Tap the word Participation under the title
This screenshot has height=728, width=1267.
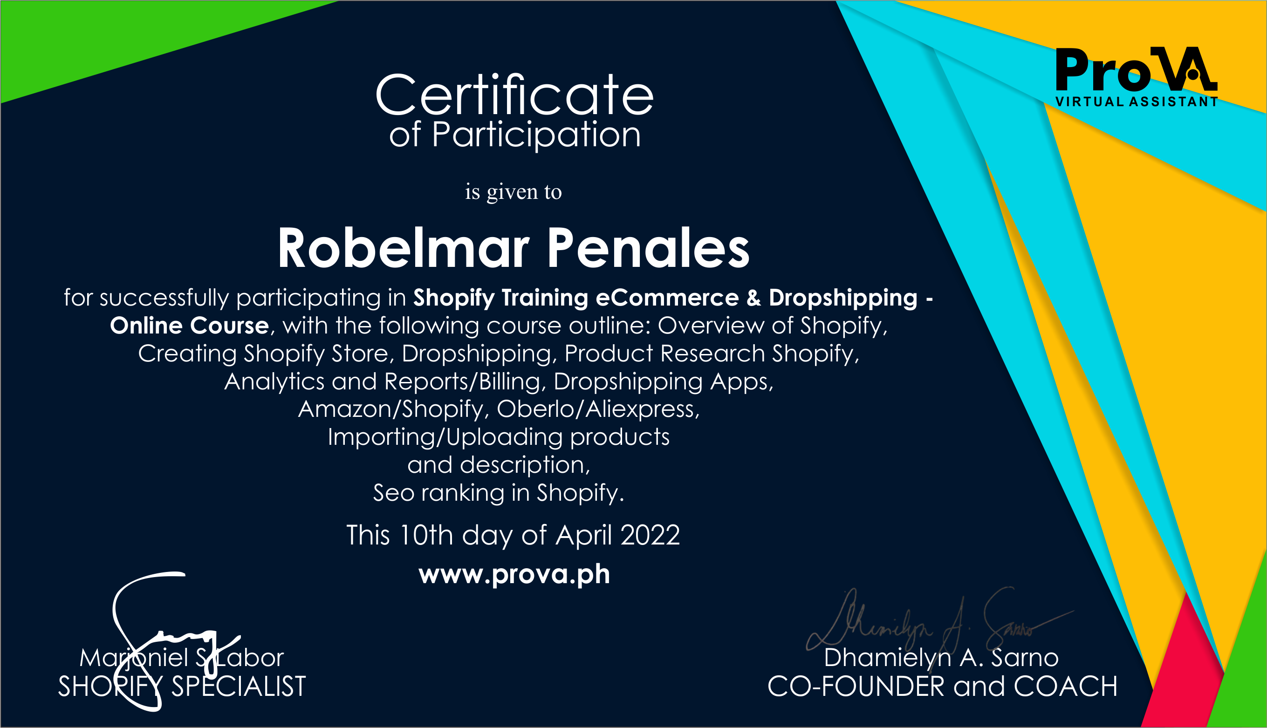[x=536, y=135]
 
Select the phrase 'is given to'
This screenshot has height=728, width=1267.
[x=513, y=192]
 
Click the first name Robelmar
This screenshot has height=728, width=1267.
[x=404, y=248]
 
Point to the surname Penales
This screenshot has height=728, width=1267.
[x=648, y=248]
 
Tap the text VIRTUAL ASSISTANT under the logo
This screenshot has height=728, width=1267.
[x=1137, y=102]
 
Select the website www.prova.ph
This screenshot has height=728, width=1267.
[x=514, y=574]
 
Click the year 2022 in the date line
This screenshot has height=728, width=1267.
[x=650, y=535]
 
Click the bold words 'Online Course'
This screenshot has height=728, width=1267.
[x=190, y=326]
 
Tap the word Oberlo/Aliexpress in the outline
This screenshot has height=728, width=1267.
[x=598, y=409]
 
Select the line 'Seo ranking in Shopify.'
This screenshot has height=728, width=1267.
[x=499, y=493]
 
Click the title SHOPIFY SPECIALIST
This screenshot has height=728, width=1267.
[x=182, y=687]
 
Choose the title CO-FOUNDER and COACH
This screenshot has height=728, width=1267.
[x=942, y=687]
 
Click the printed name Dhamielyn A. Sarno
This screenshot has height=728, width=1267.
[x=941, y=658]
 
